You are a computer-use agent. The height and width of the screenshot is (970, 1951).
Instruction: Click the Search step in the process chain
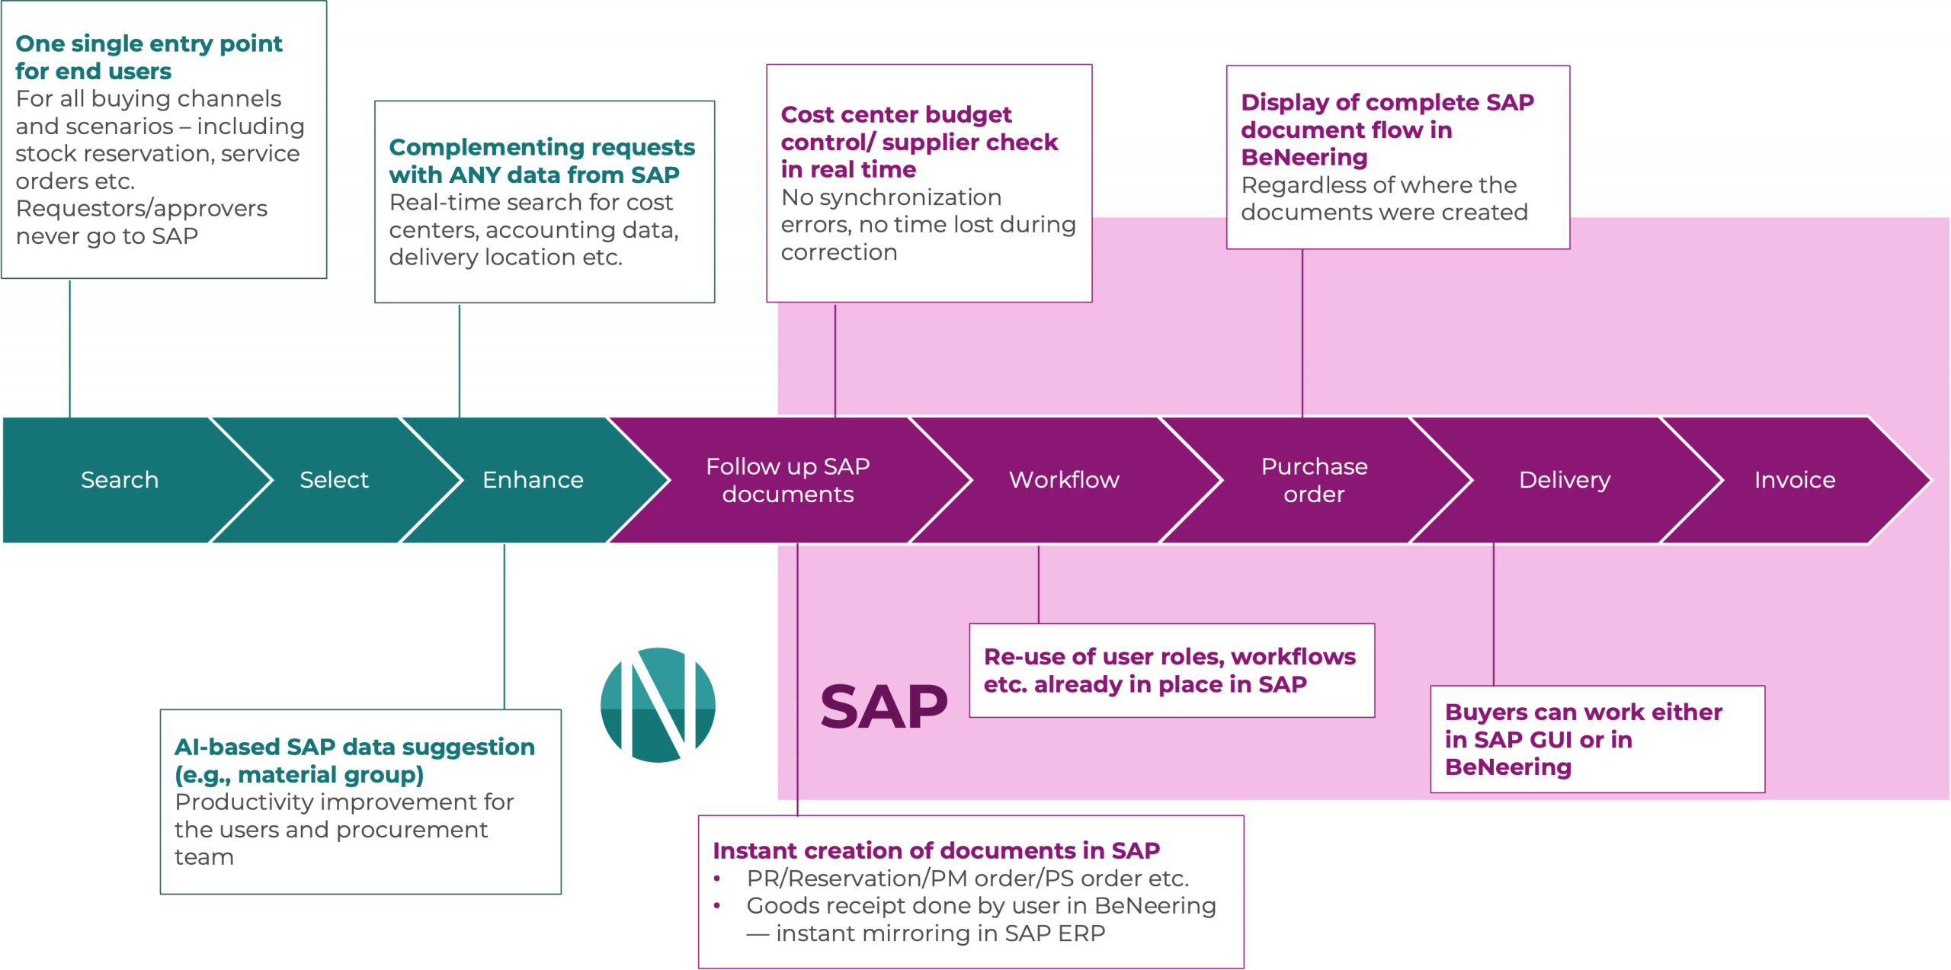tap(120, 480)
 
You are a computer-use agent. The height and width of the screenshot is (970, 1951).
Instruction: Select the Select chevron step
tap(334, 480)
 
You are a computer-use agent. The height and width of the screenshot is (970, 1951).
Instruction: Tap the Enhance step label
tap(533, 480)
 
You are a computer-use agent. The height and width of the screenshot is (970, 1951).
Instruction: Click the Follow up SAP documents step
tap(787, 480)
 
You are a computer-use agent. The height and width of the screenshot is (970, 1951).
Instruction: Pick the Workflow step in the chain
tap(1064, 480)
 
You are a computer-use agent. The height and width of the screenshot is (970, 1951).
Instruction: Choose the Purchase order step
tap(1314, 480)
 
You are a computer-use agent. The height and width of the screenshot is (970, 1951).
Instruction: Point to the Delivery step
tap(1565, 480)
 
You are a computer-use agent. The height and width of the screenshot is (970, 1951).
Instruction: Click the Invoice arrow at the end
tap(1795, 480)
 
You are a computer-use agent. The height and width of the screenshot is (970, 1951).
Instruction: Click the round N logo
tap(658, 705)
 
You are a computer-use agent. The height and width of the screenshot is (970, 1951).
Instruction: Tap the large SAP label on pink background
tap(884, 707)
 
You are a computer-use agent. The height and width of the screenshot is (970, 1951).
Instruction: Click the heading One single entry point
tap(149, 57)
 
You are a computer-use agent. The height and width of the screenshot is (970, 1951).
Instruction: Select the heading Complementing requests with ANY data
tap(541, 161)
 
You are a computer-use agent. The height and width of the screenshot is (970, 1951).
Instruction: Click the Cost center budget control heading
tap(919, 142)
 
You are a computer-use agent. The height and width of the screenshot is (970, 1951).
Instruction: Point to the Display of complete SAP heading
tap(1387, 129)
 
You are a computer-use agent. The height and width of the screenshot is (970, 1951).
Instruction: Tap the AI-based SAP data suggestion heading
tap(354, 760)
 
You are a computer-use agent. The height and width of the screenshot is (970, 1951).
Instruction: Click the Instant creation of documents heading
tap(936, 850)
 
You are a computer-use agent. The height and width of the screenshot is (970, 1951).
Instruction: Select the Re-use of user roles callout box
tap(1171, 671)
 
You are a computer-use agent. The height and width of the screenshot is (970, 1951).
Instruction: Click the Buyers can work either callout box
tap(1597, 739)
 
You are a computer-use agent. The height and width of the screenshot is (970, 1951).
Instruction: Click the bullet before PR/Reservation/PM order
tap(717, 879)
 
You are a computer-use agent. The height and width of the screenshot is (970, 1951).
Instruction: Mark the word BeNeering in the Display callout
tap(1304, 158)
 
